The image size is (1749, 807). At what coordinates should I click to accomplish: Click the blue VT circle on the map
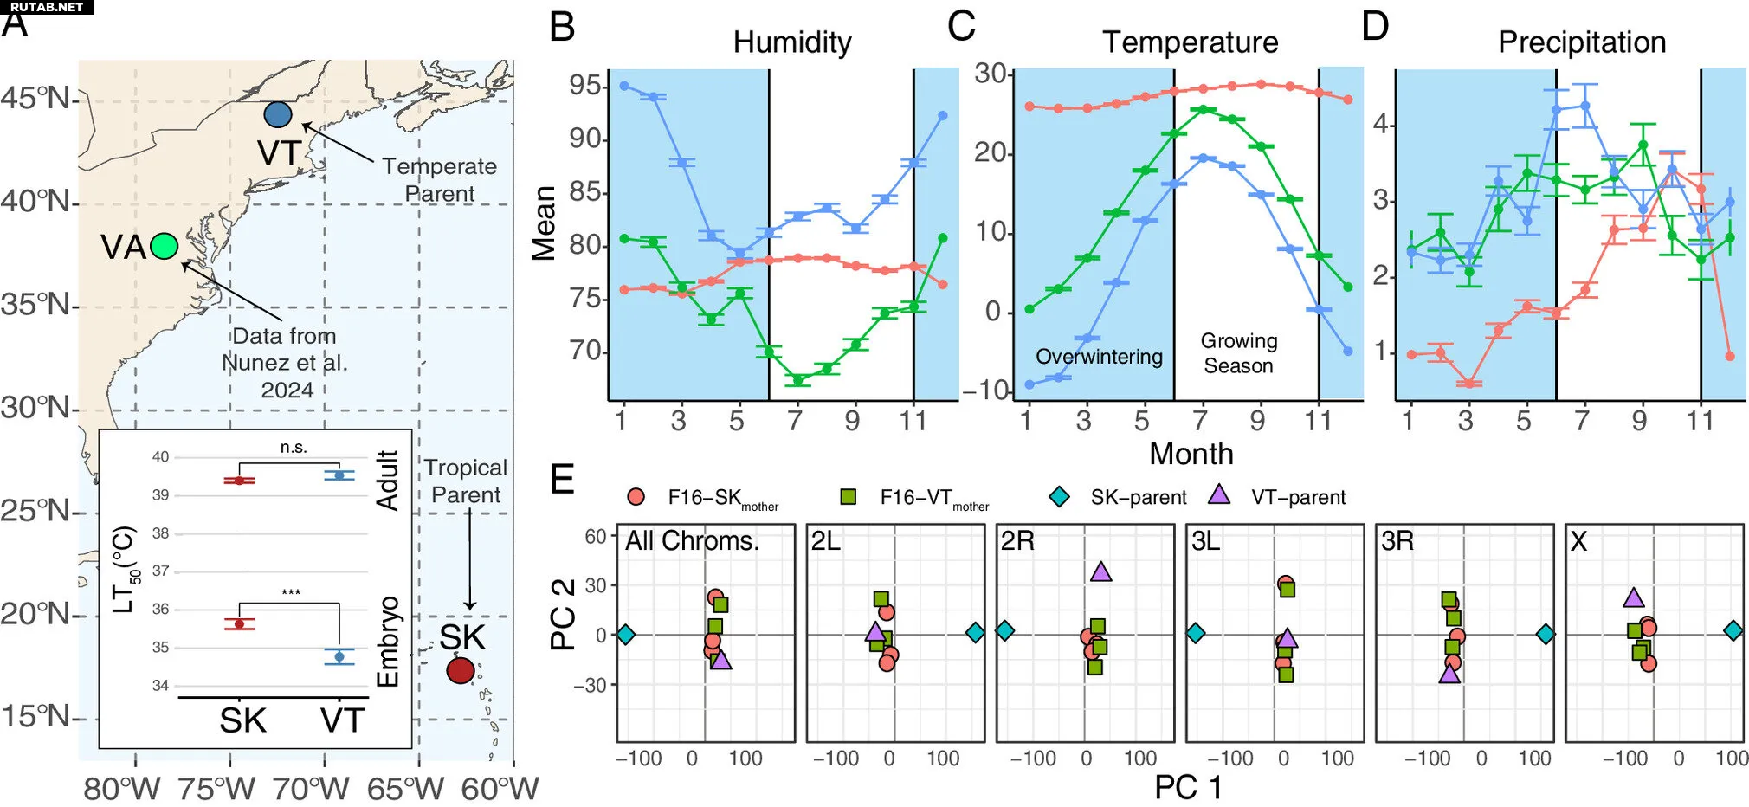coord(277,114)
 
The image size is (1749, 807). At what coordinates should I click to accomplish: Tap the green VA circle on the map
coord(164,247)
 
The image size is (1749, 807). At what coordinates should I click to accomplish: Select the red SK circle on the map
coord(461,670)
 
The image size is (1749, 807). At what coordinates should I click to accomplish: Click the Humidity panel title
coord(792,42)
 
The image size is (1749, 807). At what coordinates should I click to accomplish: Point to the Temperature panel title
coord(1190,42)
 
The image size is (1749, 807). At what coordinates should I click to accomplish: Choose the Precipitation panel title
coord(1582,42)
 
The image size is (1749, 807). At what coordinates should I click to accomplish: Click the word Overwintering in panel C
coord(1099,357)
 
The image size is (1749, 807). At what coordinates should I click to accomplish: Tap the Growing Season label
coord(1238,353)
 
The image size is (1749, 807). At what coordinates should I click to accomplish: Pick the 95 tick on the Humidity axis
coord(584,85)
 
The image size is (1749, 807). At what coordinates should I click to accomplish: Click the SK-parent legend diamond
coord(1059,497)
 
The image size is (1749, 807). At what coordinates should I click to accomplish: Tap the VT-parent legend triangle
coord(1219,495)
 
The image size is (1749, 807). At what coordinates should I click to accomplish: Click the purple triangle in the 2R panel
coord(1100,571)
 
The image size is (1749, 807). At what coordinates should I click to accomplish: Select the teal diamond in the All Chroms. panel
coord(625,635)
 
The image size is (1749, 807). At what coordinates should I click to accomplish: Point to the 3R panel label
coord(1397,541)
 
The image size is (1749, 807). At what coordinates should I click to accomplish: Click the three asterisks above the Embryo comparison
coord(291,593)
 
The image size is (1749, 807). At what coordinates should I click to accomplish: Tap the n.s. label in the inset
coord(294,448)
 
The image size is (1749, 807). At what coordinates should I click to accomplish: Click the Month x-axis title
coord(1191,454)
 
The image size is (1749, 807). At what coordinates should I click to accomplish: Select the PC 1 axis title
coord(1188,787)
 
